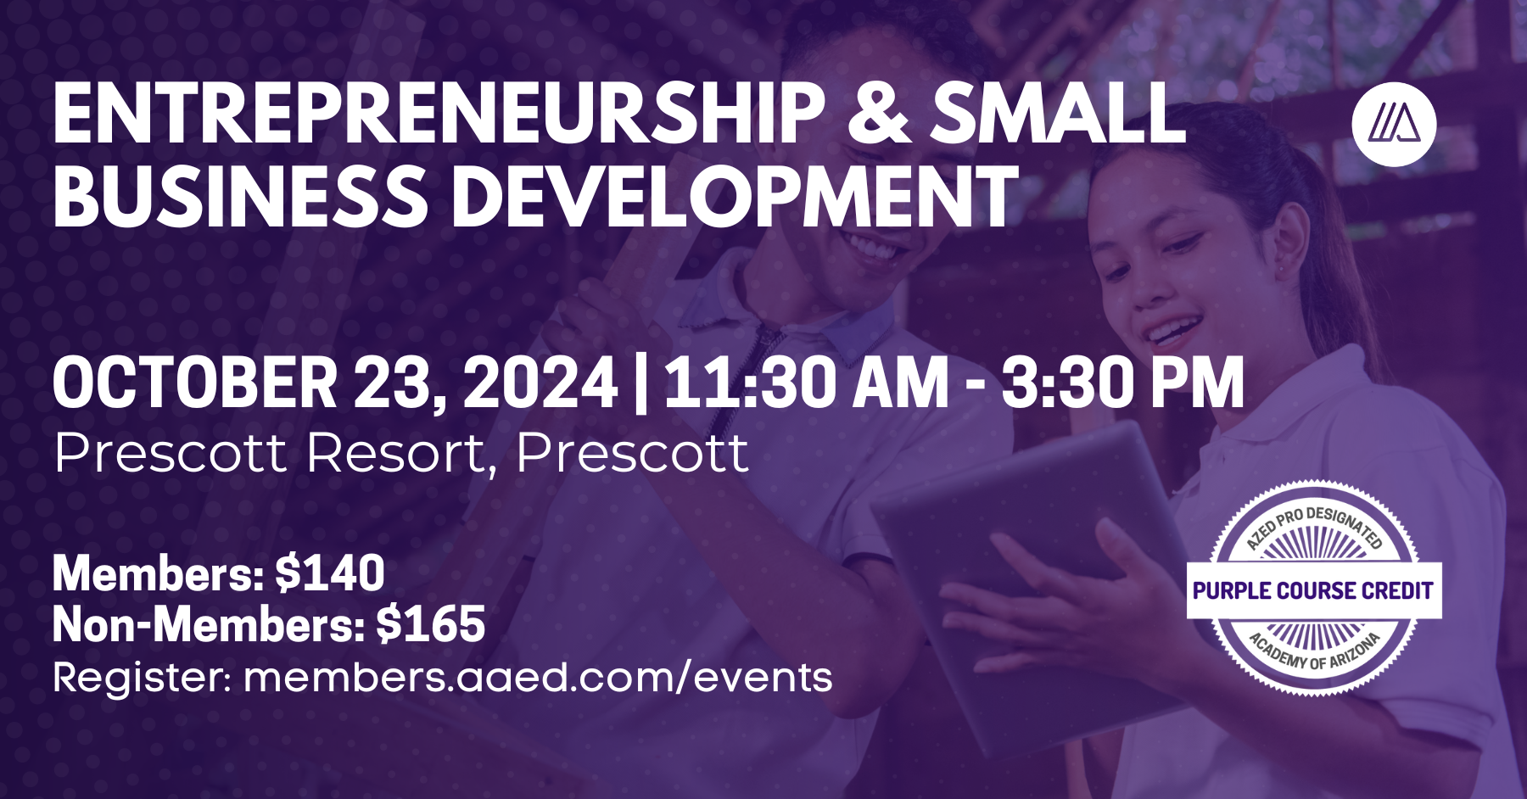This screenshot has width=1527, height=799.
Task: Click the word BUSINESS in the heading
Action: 241,197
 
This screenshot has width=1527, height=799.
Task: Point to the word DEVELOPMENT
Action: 735,197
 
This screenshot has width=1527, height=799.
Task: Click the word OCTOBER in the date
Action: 195,383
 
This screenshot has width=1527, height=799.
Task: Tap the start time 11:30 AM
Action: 806,383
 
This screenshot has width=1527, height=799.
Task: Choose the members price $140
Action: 330,573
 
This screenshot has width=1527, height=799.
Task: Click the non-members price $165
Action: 430,625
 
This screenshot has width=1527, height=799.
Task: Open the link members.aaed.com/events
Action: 538,678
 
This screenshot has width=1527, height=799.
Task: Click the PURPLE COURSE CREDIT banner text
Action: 1313,590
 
